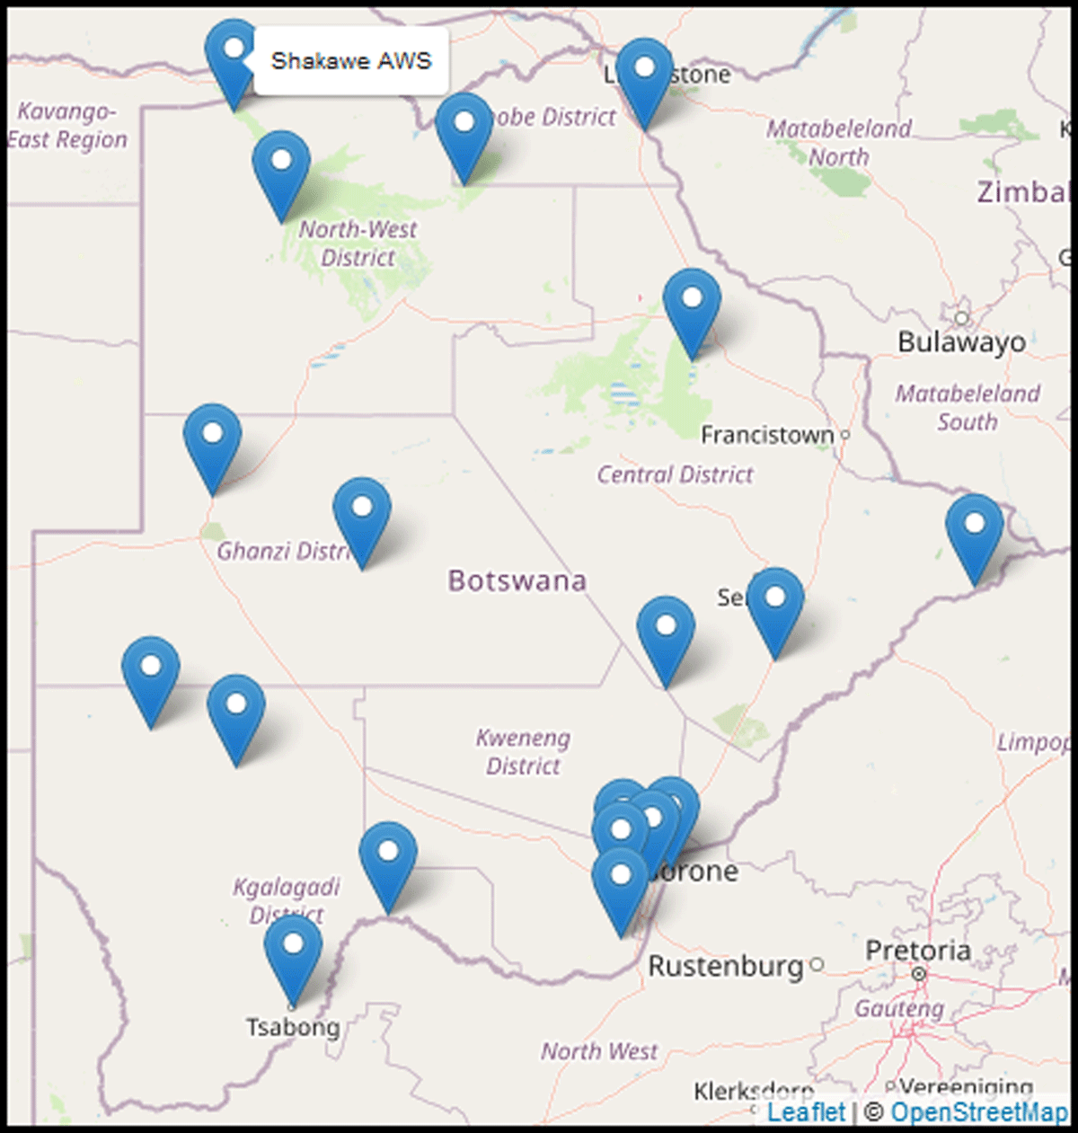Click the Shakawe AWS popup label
click(x=350, y=61)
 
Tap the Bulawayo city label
click(x=961, y=342)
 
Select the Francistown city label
click(x=766, y=436)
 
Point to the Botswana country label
click(x=517, y=580)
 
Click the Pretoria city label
click(x=918, y=951)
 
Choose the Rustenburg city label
click(x=726, y=967)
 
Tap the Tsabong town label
click(x=293, y=1027)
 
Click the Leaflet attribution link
click(x=807, y=1112)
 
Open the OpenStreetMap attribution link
click(x=979, y=1112)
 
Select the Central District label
click(x=676, y=474)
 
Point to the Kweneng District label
click(x=523, y=752)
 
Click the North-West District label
click(x=358, y=243)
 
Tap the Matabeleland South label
click(x=968, y=407)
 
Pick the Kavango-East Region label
click(x=67, y=126)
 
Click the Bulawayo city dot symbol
click(x=961, y=318)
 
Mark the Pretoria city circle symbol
click(x=918, y=974)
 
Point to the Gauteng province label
click(x=898, y=1009)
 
